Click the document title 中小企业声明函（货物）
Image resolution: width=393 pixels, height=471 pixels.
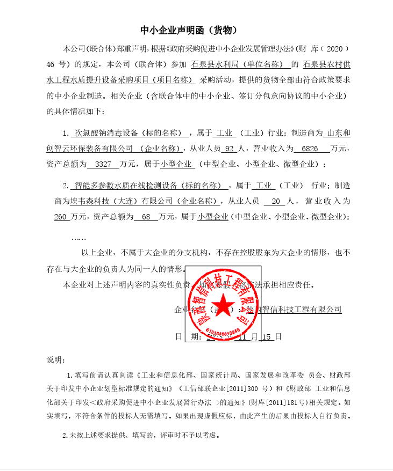pos(188,30)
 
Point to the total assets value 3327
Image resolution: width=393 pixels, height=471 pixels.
pos(102,164)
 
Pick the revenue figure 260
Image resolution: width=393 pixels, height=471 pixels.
pos(61,217)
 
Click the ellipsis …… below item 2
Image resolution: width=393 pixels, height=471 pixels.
pos(78,237)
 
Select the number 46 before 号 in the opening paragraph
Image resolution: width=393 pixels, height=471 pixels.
pos(52,65)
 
